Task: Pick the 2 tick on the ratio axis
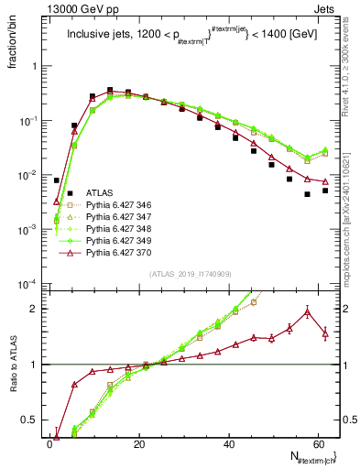(x=38, y=309)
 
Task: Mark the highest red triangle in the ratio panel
(x=308, y=311)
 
